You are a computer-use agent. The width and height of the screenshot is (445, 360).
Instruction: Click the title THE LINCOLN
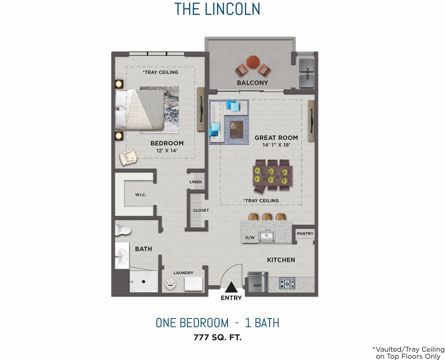tap(217, 9)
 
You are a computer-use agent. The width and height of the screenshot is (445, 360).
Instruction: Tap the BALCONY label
tap(252, 83)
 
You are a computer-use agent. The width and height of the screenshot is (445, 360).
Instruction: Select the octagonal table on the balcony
tap(253, 62)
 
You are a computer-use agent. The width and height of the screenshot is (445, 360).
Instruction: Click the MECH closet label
tap(308, 74)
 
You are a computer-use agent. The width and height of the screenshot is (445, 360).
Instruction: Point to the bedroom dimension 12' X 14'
tap(167, 151)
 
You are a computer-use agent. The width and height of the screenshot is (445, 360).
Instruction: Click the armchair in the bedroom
tap(128, 157)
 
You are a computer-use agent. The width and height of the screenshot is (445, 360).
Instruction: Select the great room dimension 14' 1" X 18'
tap(276, 145)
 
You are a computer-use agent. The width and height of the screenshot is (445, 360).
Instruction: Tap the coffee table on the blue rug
tap(236, 129)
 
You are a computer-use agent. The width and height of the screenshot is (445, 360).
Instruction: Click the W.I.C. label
tap(140, 195)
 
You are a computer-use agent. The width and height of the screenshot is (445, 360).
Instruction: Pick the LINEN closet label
tap(195, 182)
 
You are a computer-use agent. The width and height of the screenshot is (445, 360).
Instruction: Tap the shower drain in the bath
tap(143, 282)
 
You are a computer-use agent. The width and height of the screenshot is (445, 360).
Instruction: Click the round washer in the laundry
tap(170, 285)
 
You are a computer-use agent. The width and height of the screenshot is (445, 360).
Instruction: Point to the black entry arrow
tap(231, 287)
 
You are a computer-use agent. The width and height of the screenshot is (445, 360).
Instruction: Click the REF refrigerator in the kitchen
tap(258, 283)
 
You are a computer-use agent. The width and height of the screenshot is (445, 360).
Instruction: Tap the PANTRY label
tap(305, 234)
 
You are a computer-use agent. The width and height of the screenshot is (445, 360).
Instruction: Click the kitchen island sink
tap(266, 236)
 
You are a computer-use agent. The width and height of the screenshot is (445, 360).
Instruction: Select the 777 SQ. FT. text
tap(217, 337)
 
